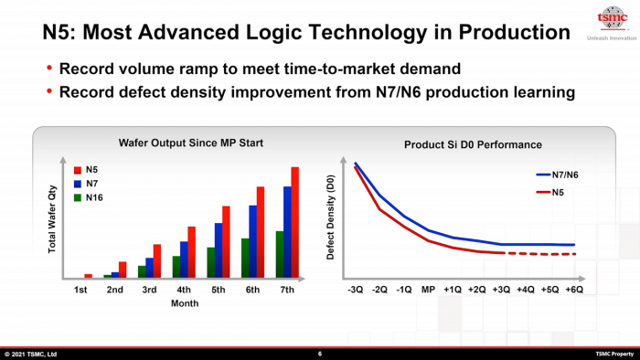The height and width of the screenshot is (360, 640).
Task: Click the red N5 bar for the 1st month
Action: pos(89,275)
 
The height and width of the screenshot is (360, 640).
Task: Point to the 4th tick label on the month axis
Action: pos(184,291)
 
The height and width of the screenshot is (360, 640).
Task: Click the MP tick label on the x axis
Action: pos(428,290)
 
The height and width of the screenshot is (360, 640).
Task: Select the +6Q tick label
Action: pos(574,290)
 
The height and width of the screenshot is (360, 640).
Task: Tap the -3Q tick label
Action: pos(356,290)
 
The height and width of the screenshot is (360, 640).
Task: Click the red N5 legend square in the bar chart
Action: pos(78,170)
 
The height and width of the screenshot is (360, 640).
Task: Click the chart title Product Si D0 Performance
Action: pos(473,144)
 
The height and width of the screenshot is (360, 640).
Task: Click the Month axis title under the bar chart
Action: pos(185,304)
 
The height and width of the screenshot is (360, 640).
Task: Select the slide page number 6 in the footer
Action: pos(320,354)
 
